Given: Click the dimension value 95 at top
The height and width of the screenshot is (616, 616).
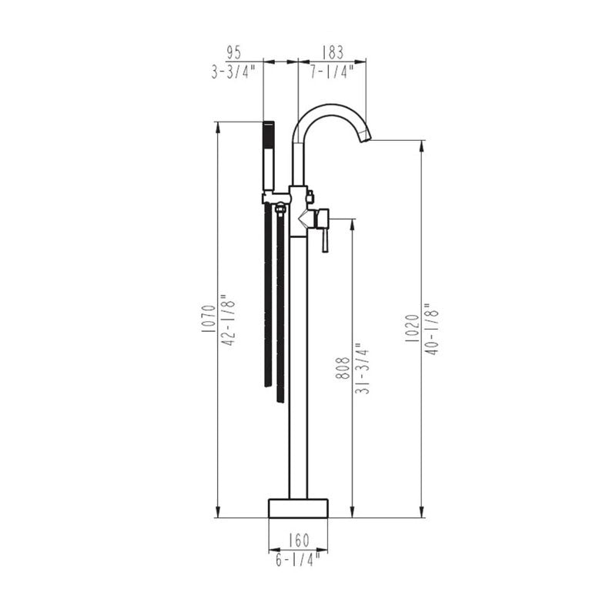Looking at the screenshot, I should pos(234,53).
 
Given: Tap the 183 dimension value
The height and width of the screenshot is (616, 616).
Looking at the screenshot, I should pos(331,53).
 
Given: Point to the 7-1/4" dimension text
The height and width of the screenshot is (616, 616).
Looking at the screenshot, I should pos(331,72).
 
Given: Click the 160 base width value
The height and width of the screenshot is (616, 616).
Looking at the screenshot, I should pos(298,540).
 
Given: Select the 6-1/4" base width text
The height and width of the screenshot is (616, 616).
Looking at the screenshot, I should pos(298,558).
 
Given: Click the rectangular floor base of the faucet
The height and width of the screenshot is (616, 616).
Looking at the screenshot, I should pos(298,508).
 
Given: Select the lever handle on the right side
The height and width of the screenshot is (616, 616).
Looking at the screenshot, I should pos(325,232).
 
